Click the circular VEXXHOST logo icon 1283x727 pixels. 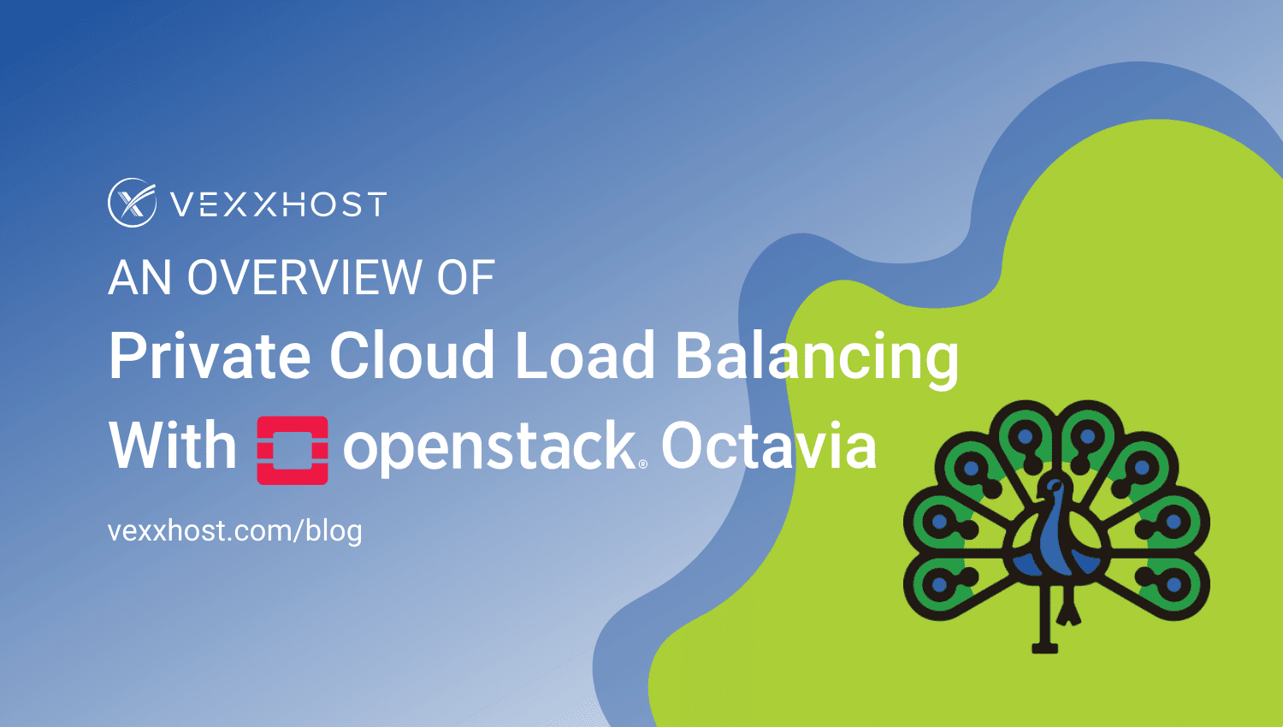[132, 203]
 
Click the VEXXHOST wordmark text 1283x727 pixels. [278, 204]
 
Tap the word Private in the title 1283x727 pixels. [210, 356]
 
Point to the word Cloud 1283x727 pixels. [411, 356]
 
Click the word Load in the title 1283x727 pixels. [585, 356]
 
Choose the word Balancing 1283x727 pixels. [817, 358]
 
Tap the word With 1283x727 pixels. [173, 446]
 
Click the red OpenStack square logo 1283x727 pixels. [293, 450]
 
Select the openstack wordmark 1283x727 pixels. [488, 448]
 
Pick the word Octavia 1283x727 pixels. [768, 446]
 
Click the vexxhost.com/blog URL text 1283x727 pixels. [235, 531]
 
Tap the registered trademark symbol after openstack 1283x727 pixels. [643, 464]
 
